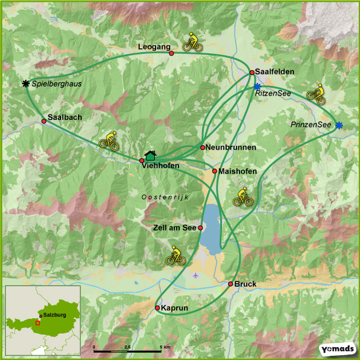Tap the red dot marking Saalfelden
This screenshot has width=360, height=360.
point(252,73)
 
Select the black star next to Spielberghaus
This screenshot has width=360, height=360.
point(25,83)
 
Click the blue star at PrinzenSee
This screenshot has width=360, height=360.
point(339,125)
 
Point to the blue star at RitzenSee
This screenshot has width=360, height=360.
point(257,87)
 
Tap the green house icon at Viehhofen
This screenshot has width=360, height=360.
point(151,155)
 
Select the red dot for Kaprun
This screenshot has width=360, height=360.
point(157,308)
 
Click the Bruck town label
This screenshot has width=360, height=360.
point(246,284)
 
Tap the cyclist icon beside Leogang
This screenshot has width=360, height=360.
point(191,42)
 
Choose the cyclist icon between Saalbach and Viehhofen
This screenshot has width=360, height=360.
point(109,140)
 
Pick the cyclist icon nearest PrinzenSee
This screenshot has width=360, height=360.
point(316,93)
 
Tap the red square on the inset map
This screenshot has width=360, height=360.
point(38,322)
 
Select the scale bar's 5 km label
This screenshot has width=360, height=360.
point(164,347)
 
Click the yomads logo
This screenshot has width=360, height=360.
point(336,350)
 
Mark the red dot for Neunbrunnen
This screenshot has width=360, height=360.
point(203,148)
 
